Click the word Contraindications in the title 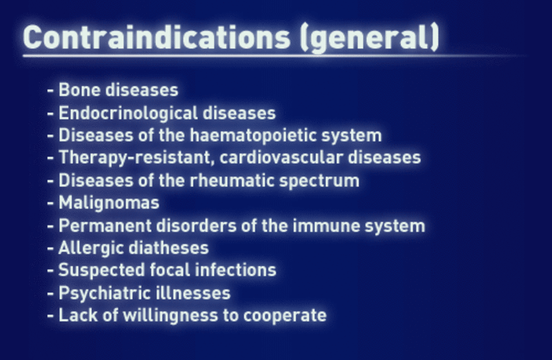[x=157, y=37]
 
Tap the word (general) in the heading [x=370, y=38]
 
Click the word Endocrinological [x=128, y=113]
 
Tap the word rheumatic [x=232, y=181]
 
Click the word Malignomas [x=109, y=203]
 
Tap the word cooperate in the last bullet [x=285, y=316]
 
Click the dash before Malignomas [x=50, y=203]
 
